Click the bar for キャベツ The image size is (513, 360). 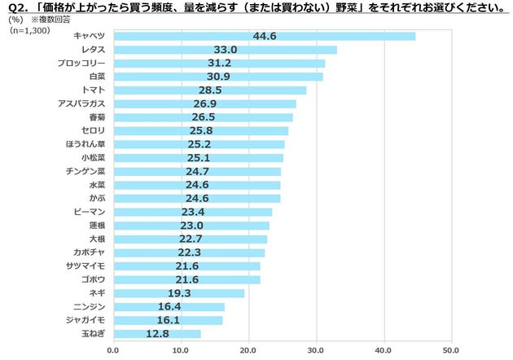pos(264,36)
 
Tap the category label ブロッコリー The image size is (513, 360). pos(82,63)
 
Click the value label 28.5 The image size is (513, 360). pos(211,90)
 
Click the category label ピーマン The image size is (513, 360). pos(88,212)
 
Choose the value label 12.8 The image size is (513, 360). pos(158,333)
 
